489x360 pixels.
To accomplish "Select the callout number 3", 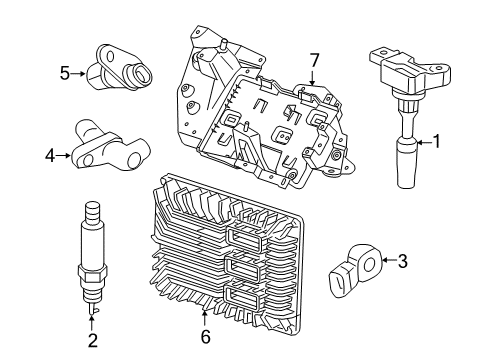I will pyautogui.click(x=401, y=262).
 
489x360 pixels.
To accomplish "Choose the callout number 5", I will pyautogui.click(x=64, y=73).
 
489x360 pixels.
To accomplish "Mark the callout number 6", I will pyautogui.click(x=205, y=337).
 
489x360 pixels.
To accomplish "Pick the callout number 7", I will pyautogui.click(x=313, y=62).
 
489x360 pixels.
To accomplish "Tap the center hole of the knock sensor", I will pyautogui.click(x=370, y=265).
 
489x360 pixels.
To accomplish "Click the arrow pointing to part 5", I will pyautogui.click(x=79, y=73).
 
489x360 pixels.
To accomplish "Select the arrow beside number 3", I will pyautogui.click(x=387, y=262).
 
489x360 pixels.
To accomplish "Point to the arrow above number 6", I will pyautogui.click(x=205, y=318).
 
